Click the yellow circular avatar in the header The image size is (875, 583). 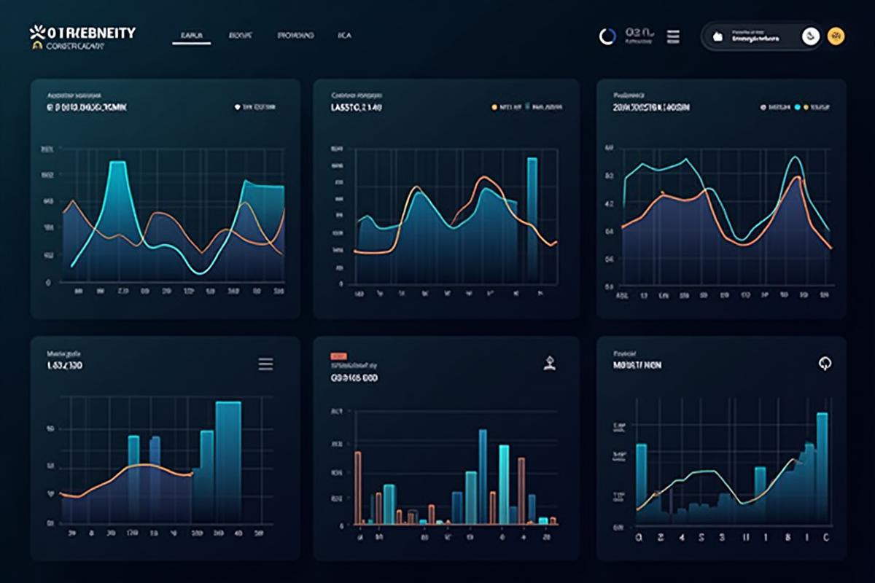tap(836, 36)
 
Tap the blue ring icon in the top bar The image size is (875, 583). tap(607, 36)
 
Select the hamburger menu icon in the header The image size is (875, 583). tap(674, 36)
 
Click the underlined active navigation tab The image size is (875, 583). tap(191, 36)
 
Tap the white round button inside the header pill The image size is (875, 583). tap(810, 36)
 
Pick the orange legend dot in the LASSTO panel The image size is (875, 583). tap(494, 107)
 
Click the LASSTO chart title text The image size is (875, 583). tap(357, 107)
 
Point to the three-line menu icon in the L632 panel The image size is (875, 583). tap(266, 364)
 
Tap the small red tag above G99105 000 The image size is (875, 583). tap(339, 356)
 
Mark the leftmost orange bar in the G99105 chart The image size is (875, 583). tap(358, 487)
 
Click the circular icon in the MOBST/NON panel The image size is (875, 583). tap(825, 363)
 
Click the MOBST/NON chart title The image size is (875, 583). tap(637, 365)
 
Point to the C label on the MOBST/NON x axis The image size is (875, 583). tap(825, 538)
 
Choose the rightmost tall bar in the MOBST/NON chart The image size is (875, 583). tap(822, 466)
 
